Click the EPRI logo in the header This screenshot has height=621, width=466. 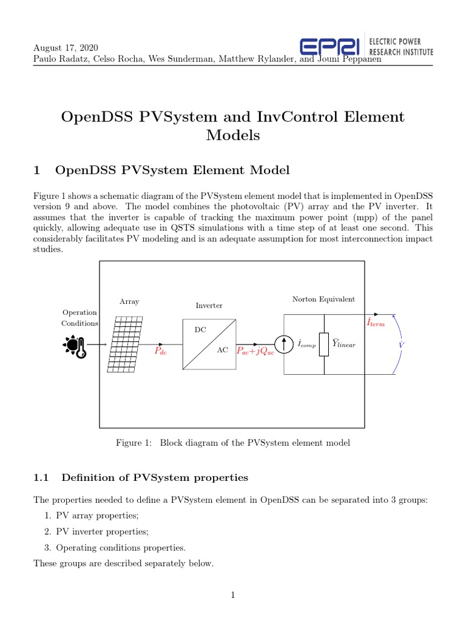(x=331, y=47)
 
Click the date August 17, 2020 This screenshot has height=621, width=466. (x=66, y=48)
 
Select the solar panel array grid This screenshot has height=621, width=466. (x=126, y=344)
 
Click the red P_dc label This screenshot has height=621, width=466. (x=160, y=351)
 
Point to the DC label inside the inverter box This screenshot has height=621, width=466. (x=200, y=330)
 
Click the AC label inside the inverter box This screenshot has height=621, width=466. (x=222, y=351)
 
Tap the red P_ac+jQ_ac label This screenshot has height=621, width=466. (x=255, y=351)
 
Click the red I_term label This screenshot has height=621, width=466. (x=376, y=323)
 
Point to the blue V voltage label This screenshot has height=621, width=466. (x=400, y=344)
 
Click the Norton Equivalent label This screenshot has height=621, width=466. (x=323, y=299)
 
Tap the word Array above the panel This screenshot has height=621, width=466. (x=129, y=301)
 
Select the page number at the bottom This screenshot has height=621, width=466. (x=232, y=596)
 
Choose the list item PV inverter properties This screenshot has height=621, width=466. (x=102, y=531)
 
